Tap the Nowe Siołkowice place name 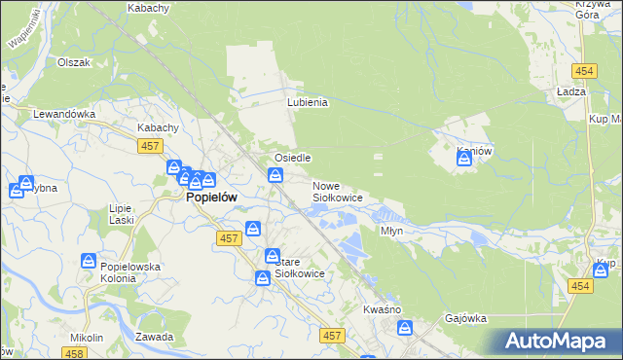coord(337,192)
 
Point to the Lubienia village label coord(308,102)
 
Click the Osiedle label coord(292,158)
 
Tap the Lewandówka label coord(64,114)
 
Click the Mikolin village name coord(87,338)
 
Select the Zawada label coord(155,337)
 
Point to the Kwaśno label coord(383,308)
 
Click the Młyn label coord(391,232)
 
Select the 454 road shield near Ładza coord(584,72)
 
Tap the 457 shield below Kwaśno coord(333,336)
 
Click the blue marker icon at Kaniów coord(464,159)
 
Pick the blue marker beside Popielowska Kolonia coord(89,262)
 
